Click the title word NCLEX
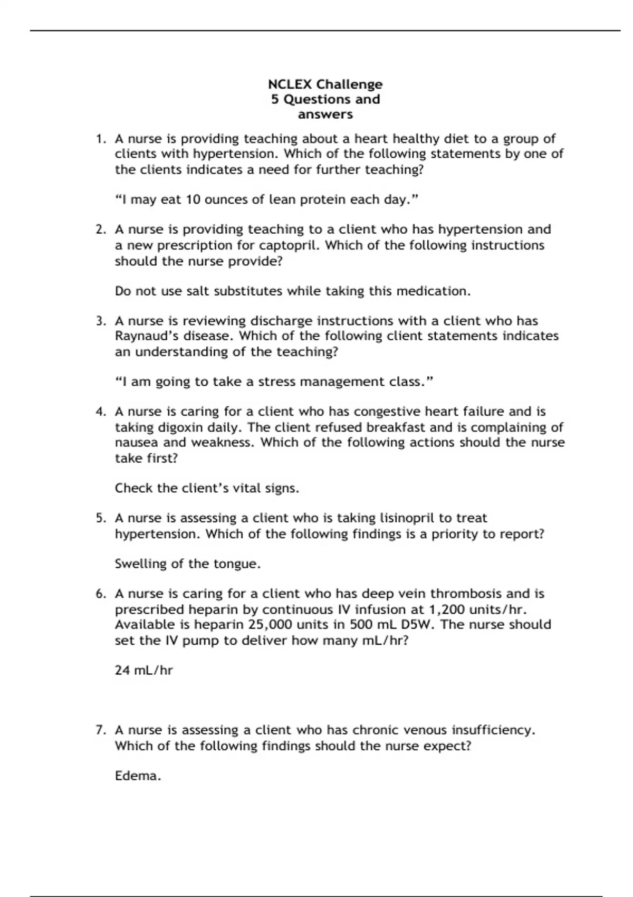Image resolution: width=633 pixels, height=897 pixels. point(290,84)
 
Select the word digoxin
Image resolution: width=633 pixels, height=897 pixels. point(180,427)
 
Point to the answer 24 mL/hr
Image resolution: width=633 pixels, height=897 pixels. point(143,671)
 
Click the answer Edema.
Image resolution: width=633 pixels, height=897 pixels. point(138,776)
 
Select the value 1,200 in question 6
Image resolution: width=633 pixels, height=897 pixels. point(447,609)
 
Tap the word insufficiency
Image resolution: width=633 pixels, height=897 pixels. point(493,730)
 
